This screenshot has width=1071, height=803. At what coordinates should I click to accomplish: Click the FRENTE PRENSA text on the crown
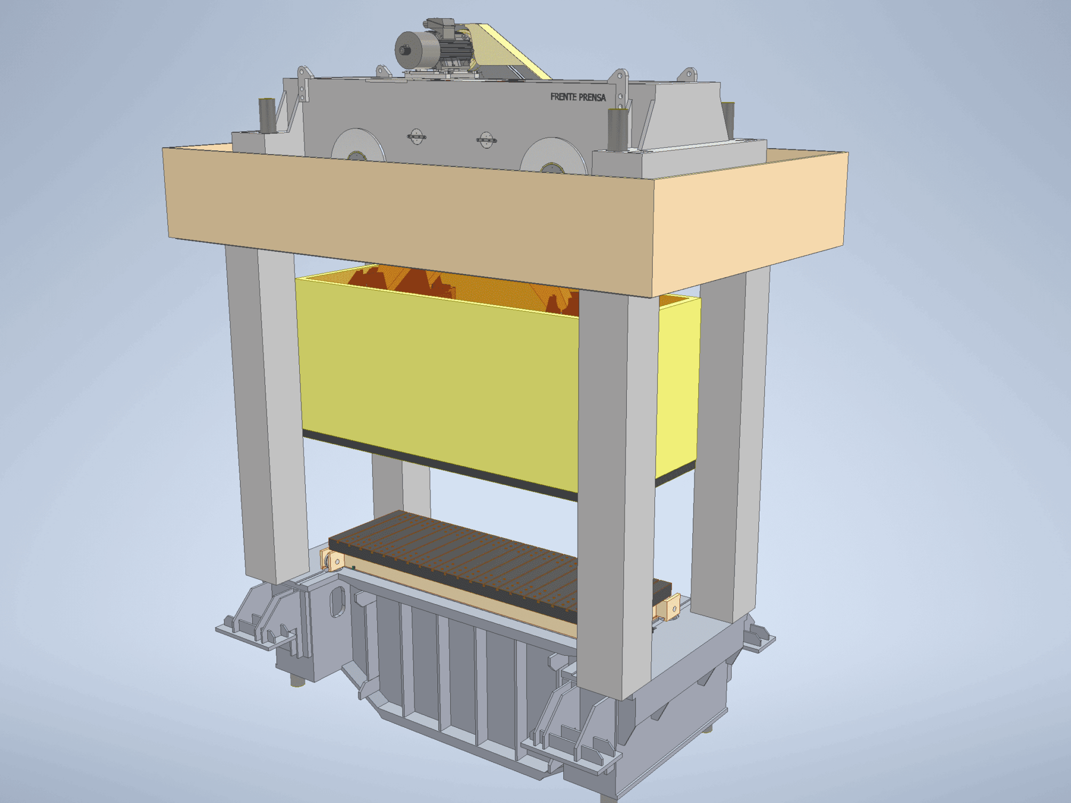pos(578,97)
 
